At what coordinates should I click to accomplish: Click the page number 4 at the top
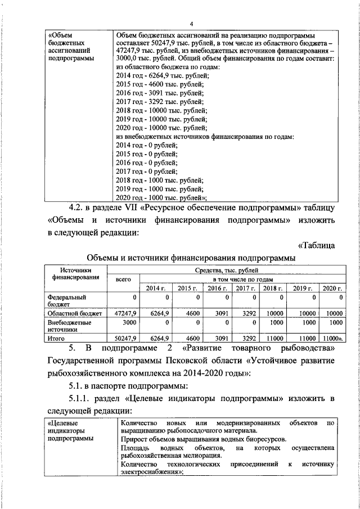point(191,23)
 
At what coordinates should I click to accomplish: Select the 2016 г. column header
point(214,288)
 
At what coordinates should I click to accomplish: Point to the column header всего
point(123,279)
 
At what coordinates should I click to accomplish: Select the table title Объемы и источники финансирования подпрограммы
point(191,258)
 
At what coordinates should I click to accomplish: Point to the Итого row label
point(57,339)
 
